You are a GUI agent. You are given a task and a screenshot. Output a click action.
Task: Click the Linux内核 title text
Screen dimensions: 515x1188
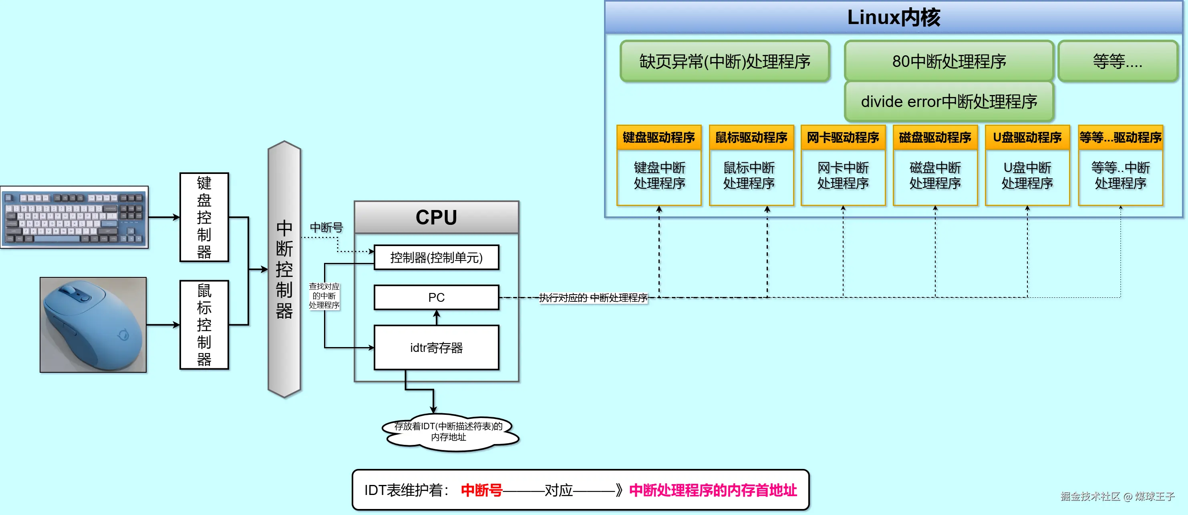(x=893, y=18)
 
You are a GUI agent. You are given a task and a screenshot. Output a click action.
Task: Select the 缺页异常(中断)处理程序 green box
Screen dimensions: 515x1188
(x=725, y=61)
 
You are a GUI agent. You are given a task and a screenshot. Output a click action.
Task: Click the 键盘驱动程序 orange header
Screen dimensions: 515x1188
(x=658, y=137)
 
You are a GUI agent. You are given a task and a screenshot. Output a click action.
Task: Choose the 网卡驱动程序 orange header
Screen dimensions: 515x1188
(x=843, y=137)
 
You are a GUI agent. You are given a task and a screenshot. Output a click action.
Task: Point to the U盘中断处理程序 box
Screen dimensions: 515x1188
(x=1027, y=176)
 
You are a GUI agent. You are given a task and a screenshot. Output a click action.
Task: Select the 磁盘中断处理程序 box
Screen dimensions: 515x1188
(x=935, y=176)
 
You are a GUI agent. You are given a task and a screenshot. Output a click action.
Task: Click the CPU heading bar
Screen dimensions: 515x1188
(x=436, y=217)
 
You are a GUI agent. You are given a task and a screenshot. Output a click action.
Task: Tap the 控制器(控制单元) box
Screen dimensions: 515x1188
(x=436, y=257)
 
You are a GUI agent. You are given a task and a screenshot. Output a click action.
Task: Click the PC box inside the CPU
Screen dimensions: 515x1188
(x=436, y=298)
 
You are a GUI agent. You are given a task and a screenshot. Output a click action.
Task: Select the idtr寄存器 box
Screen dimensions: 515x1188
(x=436, y=347)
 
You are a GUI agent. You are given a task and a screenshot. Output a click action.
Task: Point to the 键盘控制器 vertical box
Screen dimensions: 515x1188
(x=204, y=217)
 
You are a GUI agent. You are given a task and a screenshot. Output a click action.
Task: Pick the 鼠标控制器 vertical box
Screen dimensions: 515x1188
(x=204, y=325)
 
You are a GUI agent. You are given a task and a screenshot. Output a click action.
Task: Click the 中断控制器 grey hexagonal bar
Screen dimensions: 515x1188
(x=284, y=269)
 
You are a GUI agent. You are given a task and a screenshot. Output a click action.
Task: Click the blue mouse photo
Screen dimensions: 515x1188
(x=93, y=325)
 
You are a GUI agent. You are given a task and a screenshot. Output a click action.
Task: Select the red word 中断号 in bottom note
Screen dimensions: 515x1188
(x=481, y=490)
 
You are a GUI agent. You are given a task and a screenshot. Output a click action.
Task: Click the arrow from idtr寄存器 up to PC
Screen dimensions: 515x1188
(x=437, y=318)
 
